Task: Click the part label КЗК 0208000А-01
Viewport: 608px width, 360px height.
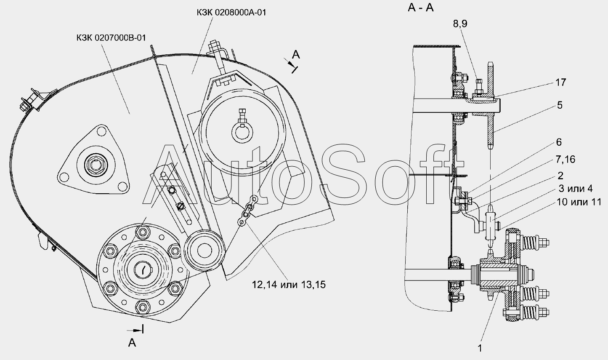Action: tap(231, 13)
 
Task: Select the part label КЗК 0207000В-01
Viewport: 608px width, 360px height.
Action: tap(111, 37)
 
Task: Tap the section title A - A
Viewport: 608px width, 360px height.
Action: tap(421, 8)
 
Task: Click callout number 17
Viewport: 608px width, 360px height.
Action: tap(561, 83)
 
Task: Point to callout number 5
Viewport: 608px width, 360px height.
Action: tap(560, 105)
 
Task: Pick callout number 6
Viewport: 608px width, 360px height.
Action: tap(559, 142)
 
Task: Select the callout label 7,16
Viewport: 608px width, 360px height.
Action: tap(566, 159)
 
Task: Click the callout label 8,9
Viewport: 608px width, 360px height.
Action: tap(460, 24)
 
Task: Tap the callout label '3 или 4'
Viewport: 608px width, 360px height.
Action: tap(576, 189)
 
